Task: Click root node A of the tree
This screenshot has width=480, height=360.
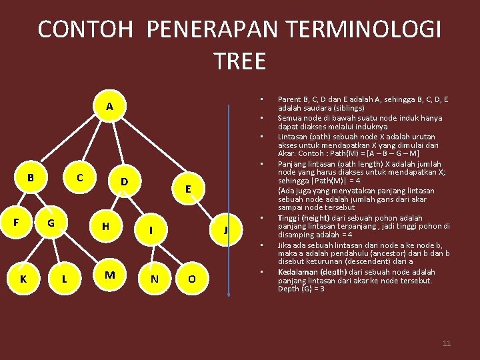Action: pos(109,107)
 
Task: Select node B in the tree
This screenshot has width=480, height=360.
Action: pos(30,178)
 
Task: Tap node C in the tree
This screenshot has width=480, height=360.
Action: pos(79,178)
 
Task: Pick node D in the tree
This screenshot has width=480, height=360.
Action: pos(124,181)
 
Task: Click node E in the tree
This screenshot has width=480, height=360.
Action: pos(189,189)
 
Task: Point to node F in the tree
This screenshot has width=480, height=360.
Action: pos(15,219)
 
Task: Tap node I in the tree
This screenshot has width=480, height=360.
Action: pos(151,230)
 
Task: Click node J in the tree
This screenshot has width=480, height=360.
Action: pos(226,230)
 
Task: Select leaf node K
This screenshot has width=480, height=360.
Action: pos(23,279)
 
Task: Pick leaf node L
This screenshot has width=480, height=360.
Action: pos(64,279)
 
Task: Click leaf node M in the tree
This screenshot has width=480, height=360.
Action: pos(110,275)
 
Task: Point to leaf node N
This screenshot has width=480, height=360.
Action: pos(155,279)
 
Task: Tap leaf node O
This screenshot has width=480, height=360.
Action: pos(191,279)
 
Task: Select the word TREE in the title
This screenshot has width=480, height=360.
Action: pos(240,61)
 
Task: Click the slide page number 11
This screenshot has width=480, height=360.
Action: pos(447,343)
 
